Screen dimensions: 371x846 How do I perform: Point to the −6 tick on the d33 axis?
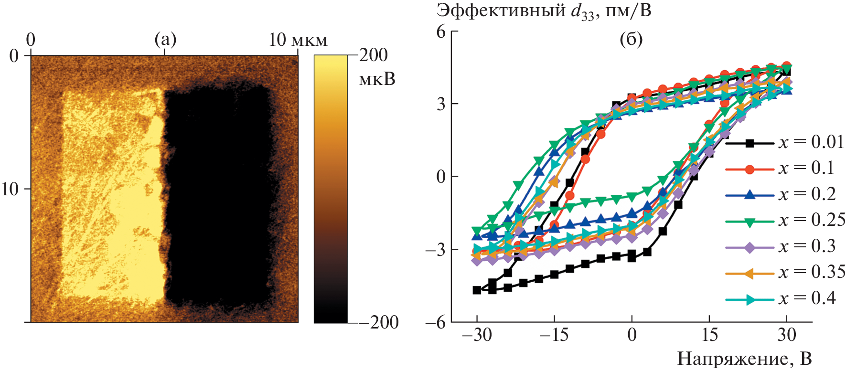point(436,322)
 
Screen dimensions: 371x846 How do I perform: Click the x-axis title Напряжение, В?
point(744,359)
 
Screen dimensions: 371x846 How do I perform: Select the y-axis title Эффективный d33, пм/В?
point(544,11)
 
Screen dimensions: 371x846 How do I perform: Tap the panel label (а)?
point(166,39)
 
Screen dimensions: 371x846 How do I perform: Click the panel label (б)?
point(631,39)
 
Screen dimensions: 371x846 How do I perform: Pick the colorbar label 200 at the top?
point(374,55)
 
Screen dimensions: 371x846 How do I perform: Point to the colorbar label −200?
point(378,322)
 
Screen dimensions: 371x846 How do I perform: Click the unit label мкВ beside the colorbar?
point(377,79)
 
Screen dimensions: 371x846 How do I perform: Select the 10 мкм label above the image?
point(298,40)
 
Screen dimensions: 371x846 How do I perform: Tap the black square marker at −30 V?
point(477,290)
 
